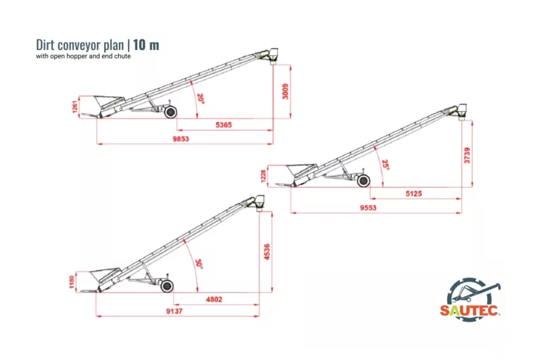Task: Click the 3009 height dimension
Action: click(285, 91)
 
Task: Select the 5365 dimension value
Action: click(224, 124)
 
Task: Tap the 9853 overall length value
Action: click(181, 139)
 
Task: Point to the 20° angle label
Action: click(200, 98)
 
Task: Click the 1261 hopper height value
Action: click(75, 107)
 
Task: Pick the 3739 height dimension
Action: click(467, 155)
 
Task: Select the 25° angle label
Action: click(386, 165)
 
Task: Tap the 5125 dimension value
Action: click(413, 193)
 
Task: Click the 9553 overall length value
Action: click(368, 207)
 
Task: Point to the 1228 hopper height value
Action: click(264, 176)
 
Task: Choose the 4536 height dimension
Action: click(267, 252)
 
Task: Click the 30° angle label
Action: click(199, 264)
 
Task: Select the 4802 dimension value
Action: click(214, 300)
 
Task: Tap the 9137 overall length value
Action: click(174, 311)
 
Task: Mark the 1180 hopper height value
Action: click(72, 282)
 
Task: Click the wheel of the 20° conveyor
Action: click(170, 112)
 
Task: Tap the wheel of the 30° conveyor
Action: click(167, 286)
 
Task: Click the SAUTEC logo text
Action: click(469, 310)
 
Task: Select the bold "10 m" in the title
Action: click(146, 45)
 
